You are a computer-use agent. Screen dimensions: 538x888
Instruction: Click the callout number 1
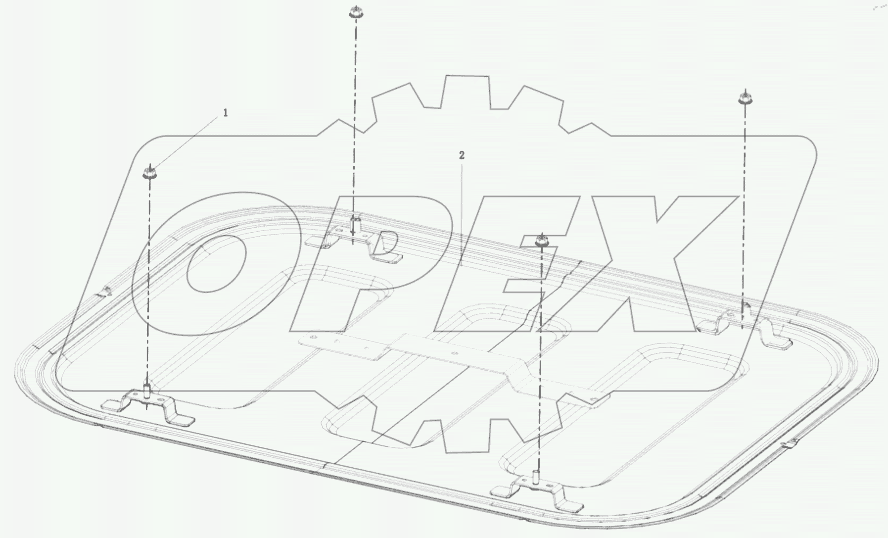coord(226,113)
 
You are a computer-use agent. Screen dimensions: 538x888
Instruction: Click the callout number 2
coord(462,155)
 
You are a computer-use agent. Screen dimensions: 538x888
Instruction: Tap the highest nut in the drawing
coord(355,12)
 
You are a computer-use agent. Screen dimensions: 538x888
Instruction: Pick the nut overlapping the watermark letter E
coord(542,241)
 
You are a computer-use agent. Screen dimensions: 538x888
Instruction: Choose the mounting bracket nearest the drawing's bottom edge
coord(536,492)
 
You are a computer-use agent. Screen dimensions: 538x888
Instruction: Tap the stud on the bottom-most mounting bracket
coord(536,478)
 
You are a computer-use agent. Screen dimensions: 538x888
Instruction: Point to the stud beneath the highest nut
coord(354,226)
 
